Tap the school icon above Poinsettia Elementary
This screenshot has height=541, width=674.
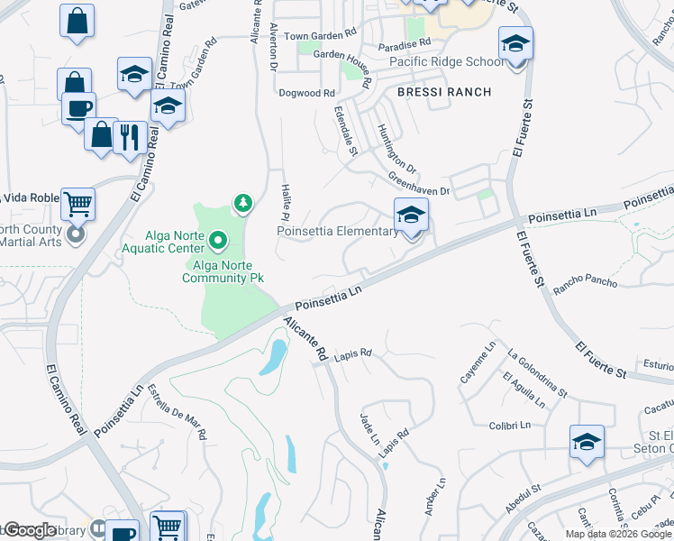coord(411,215)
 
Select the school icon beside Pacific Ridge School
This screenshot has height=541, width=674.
coord(515,44)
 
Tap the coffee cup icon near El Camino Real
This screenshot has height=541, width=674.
coord(77,108)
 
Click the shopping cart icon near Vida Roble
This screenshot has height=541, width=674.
coord(78,204)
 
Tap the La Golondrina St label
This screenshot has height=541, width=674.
coord(537,372)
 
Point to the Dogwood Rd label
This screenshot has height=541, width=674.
coord(306,93)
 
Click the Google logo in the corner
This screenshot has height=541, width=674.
coord(30,530)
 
